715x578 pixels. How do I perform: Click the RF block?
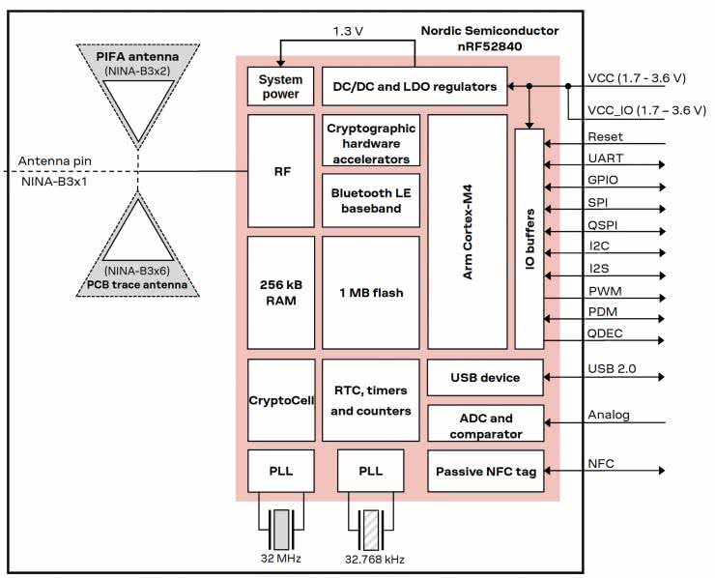coord(281,171)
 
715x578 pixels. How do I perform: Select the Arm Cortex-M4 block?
coord(468,232)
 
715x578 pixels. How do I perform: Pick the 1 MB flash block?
coord(371,293)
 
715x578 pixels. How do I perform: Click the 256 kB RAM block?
coord(281,293)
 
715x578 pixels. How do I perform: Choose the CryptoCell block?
coord(281,400)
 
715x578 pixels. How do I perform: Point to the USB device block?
coord(485,378)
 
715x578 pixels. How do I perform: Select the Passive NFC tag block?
coord(485,472)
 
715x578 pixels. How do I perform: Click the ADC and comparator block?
coord(485,426)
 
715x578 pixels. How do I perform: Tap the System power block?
coord(281,87)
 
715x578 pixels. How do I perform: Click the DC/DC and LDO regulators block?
coord(415,87)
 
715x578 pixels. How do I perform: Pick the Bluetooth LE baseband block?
coord(371,200)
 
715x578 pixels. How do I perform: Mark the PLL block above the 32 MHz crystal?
coord(281,471)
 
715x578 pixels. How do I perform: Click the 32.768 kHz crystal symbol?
coord(371,531)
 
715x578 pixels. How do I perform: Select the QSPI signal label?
coord(604,224)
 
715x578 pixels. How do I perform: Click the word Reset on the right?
coord(605,137)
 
